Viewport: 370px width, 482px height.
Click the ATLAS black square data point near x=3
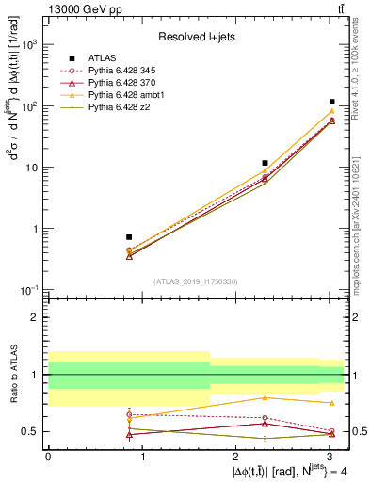[x=332, y=102]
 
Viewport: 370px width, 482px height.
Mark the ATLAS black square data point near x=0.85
[x=129, y=237]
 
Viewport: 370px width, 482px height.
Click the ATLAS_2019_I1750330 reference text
[x=195, y=281]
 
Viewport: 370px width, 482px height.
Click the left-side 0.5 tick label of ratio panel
[x=30, y=431]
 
